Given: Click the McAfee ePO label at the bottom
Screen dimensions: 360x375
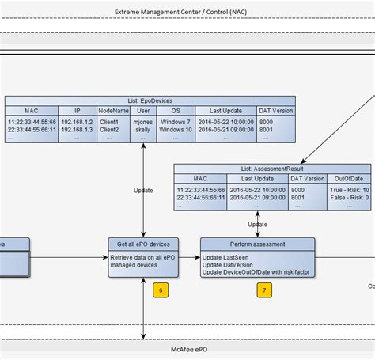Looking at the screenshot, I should [x=187, y=349].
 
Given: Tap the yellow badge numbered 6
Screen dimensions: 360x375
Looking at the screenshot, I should [x=161, y=290].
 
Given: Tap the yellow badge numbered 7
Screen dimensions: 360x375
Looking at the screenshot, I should [x=263, y=290].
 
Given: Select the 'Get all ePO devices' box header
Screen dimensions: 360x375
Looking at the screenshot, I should [x=143, y=244].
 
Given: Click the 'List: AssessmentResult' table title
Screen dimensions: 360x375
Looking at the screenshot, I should [x=271, y=169].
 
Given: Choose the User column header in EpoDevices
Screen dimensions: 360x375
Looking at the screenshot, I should [x=143, y=111].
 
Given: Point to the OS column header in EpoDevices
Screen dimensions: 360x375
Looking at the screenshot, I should [x=176, y=111].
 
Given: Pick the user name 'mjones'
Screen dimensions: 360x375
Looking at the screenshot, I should [x=143, y=122].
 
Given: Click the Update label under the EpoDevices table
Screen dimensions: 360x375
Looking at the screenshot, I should [x=143, y=190].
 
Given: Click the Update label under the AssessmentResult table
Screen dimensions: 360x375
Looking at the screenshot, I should [x=258, y=225].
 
